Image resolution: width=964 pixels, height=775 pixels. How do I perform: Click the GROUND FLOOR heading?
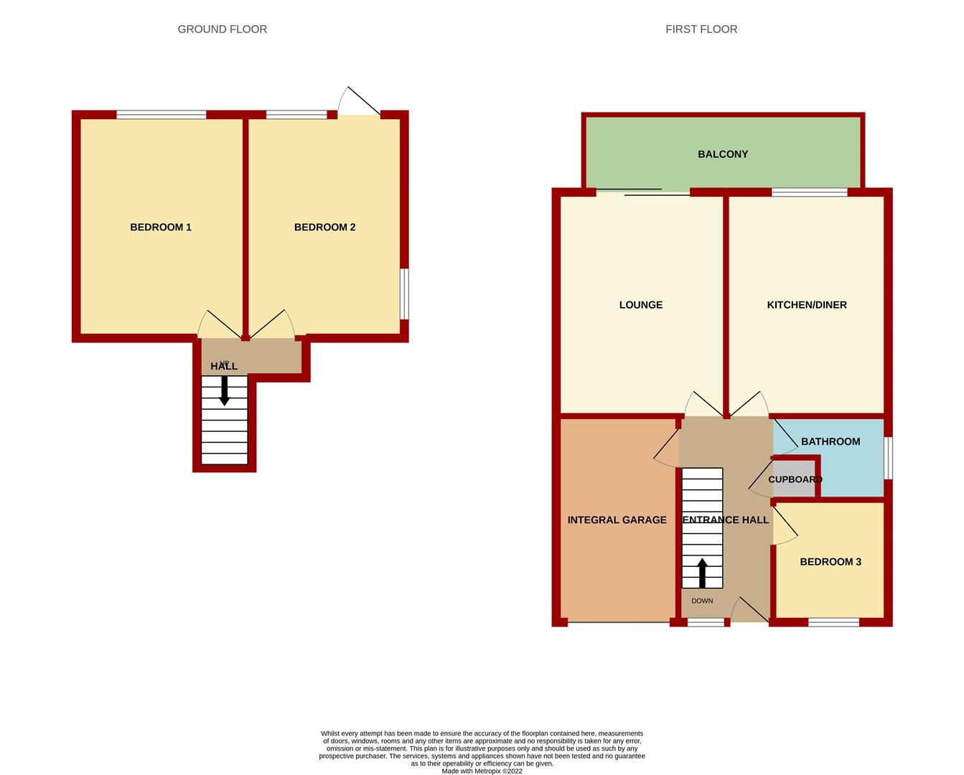(x=222, y=29)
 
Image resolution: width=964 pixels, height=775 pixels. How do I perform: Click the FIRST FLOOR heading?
(x=701, y=29)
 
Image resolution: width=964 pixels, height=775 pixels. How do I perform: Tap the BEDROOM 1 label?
(x=160, y=227)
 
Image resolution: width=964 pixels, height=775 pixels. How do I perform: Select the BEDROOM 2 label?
(x=324, y=227)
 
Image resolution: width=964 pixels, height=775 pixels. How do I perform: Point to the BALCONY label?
(x=722, y=154)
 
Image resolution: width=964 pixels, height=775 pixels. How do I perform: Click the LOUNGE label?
(x=640, y=305)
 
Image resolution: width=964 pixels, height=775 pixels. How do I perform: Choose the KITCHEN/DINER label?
(x=806, y=305)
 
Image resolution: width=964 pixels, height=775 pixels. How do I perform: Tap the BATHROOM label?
(x=830, y=441)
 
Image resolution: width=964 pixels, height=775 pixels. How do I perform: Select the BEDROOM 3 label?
(x=830, y=562)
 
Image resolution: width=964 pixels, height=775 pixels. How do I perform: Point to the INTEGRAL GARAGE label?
(x=617, y=520)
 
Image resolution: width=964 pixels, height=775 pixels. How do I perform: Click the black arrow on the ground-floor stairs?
(x=224, y=390)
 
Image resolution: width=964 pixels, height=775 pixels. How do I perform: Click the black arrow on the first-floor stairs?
(x=702, y=573)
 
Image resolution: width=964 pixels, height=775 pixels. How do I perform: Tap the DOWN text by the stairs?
(x=702, y=601)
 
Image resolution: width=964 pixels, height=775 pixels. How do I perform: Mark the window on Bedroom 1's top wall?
(x=161, y=114)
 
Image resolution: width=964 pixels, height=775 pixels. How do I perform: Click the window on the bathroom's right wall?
(x=888, y=458)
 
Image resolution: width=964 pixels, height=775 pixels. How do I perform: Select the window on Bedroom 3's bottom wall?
(x=833, y=622)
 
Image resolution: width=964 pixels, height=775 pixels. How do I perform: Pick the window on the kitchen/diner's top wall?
(x=809, y=192)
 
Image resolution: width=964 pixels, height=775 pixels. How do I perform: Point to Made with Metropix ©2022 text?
(x=482, y=771)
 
